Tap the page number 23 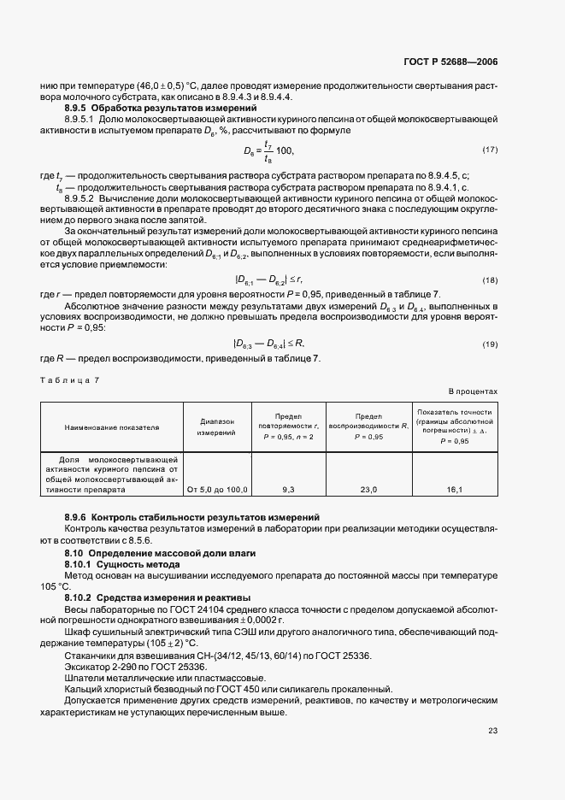(492, 730)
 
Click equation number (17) (490, 150)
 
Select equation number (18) (490, 280)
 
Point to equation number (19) (490, 344)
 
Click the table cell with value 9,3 (288, 490)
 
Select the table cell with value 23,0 (368, 490)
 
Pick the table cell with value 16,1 (454, 490)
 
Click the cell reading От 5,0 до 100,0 (217, 490)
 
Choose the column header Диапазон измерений (217, 426)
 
